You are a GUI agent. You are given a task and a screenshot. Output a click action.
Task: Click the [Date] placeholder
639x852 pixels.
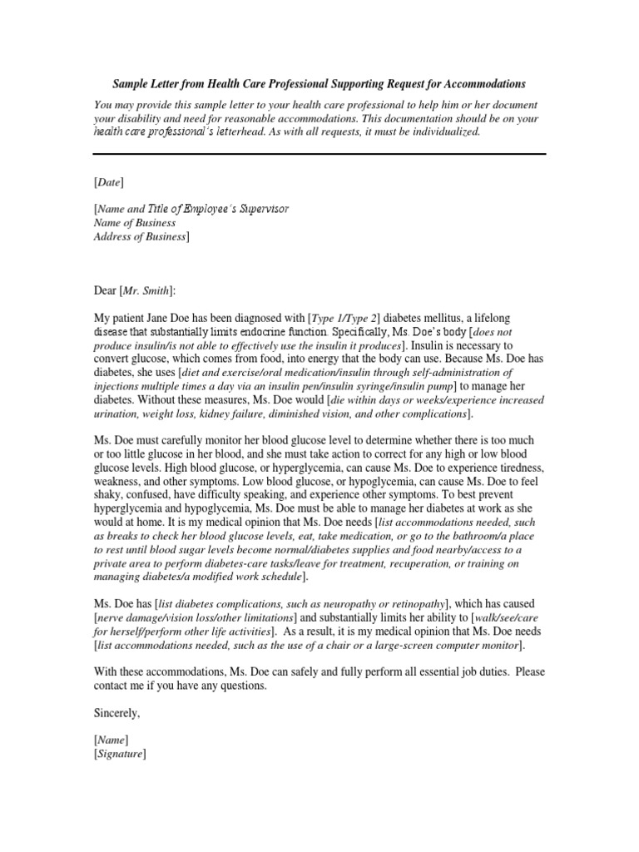point(109,181)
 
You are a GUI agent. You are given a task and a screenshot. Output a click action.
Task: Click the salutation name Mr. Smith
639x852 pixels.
point(147,290)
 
